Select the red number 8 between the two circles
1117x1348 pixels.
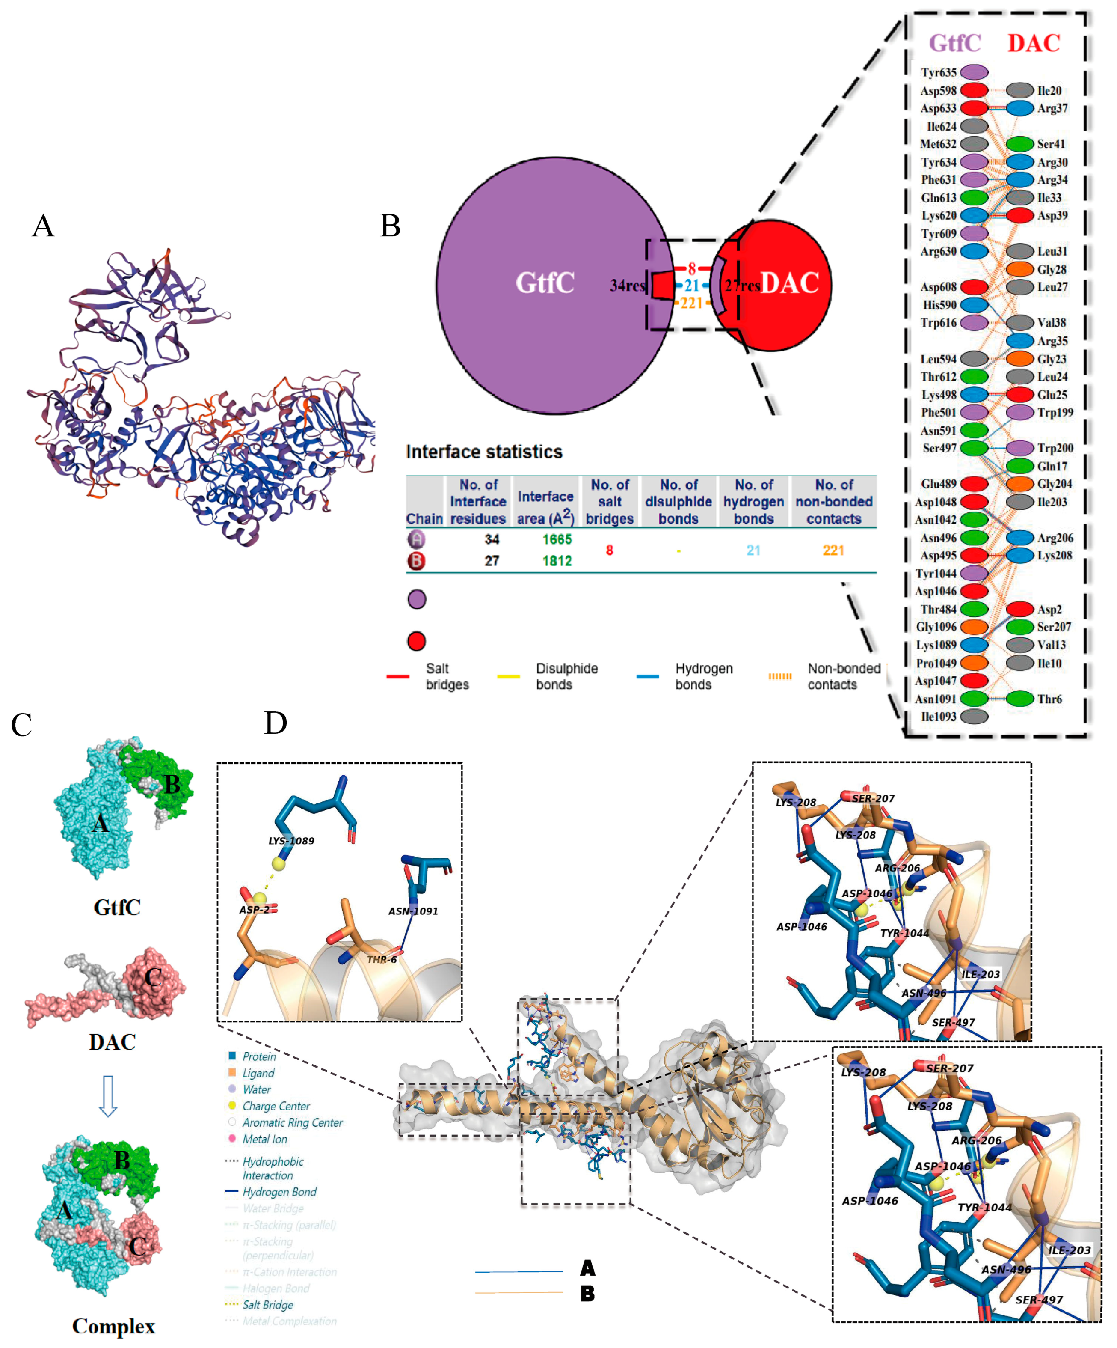click(692, 268)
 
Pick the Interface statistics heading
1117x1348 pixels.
click(484, 452)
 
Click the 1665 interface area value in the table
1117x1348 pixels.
click(557, 539)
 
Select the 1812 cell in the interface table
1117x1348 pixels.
click(557, 561)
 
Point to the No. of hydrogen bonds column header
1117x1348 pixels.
click(753, 501)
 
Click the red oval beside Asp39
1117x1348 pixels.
click(1019, 216)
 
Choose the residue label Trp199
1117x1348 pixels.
click(1055, 412)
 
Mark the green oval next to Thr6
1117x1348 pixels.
click(1019, 699)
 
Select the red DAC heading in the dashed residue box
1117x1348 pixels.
click(1033, 43)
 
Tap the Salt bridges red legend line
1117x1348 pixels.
click(398, 676)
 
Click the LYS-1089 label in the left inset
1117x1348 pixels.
click(291, 841)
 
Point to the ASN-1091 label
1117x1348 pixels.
click(413, 911)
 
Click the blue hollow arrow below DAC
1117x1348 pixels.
click(108, 1096)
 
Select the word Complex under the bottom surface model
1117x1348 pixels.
click(113, 1326)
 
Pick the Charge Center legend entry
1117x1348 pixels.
click(276, 1106)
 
